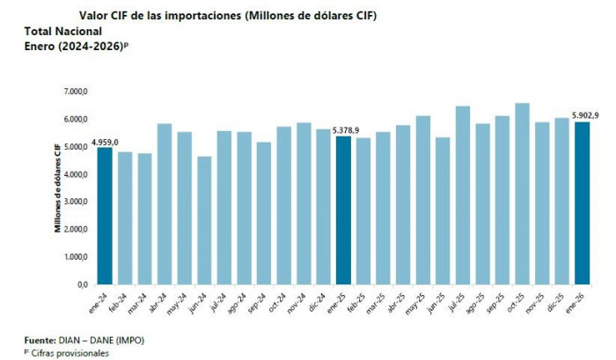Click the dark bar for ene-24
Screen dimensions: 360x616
click(x=105, y=216)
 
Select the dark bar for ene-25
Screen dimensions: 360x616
click(x=342, y=210)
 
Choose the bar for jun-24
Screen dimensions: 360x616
click(x=204, y=220)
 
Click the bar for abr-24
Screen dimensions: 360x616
click(x=165, y=204)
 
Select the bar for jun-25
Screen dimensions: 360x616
click(x=443, y=210)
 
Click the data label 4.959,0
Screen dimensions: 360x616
click(x=105, y=141)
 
